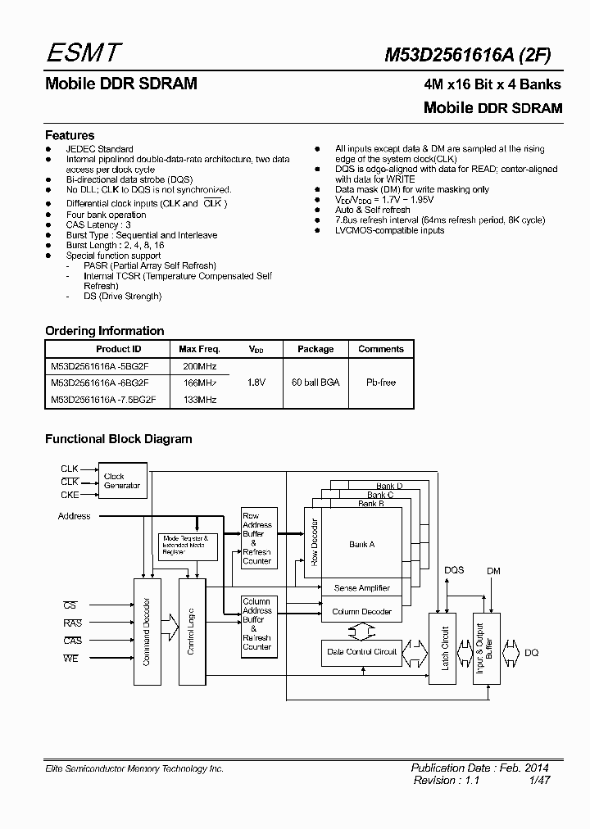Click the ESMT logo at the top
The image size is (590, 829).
84,53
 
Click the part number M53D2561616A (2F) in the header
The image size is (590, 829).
468,54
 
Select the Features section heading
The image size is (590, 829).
70,135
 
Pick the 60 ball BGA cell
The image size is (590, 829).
315,383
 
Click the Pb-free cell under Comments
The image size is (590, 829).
381,383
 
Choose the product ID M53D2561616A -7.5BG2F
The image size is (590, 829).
103,399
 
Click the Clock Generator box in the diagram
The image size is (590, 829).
122,481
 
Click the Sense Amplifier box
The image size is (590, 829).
361,588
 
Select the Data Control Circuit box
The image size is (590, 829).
361,652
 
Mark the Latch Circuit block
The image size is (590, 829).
446,649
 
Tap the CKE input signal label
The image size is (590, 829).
70,495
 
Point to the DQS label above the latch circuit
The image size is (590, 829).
453,570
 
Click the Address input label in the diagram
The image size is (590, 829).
75,516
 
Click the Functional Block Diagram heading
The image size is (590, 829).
118,439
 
